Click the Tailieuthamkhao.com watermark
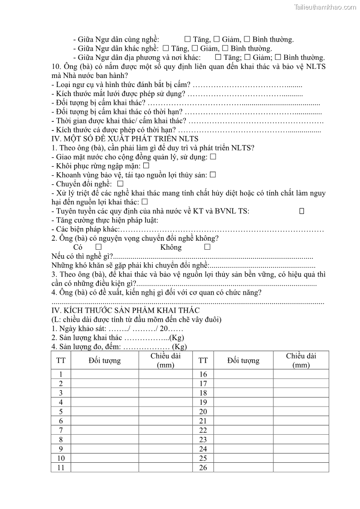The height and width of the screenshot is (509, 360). coord(325,7)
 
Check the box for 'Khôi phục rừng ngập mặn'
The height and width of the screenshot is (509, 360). coord(146,166)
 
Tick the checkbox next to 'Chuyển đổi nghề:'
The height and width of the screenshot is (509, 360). coord(120,184)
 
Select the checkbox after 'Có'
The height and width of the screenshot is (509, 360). coord(98,247)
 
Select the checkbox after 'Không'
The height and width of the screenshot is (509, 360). coord(207,247)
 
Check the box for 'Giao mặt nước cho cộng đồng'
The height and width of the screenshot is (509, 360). coord(213,157)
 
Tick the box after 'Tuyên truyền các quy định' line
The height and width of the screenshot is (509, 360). coord(302,211)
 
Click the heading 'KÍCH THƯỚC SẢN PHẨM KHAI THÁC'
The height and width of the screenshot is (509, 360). coord(131,310)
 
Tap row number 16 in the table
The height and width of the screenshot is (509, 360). coord(203,374)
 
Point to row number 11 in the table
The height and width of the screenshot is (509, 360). coord(61,468)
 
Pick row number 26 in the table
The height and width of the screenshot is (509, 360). coord(203,468)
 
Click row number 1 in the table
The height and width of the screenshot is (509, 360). coord(61,374)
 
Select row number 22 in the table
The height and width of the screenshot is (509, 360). coord(203,430)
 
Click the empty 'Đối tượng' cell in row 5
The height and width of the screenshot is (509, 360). coord(105,412)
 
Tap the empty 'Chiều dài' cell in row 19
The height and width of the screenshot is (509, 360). coord(301,402)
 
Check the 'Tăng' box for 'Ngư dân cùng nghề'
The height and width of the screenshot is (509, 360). coord(187,39)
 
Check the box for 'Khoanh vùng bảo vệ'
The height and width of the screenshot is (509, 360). coord(213,175)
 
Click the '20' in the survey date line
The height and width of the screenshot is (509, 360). coord(164,329)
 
